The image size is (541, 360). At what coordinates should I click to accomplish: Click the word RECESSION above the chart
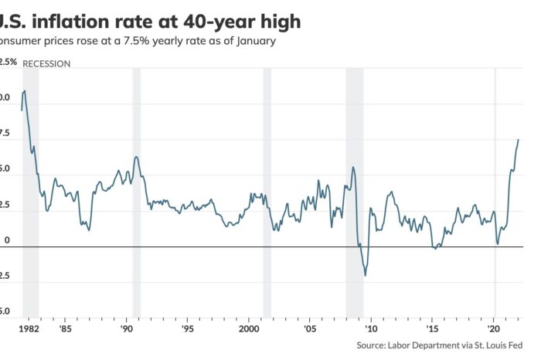click(46, 63)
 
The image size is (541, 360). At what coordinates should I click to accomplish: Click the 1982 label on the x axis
click(30, 328)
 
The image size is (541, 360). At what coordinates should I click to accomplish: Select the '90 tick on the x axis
click(126, 328)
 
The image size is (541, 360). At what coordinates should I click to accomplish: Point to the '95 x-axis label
click(187, 328)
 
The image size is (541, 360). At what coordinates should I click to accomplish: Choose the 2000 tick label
click(248, 328)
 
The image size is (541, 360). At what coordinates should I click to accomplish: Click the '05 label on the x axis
click(309, 328)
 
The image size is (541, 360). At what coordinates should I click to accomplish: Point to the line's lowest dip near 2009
click(365, 275)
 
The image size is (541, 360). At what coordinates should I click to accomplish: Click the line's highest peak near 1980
click(26, 91)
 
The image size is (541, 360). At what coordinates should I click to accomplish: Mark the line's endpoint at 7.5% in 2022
click(518, 140)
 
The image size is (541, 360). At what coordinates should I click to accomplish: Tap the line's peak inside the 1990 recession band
click(136, 157)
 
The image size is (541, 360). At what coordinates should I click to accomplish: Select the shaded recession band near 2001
click(267, 193)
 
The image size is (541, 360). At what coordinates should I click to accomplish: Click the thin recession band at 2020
click(495, 193)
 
